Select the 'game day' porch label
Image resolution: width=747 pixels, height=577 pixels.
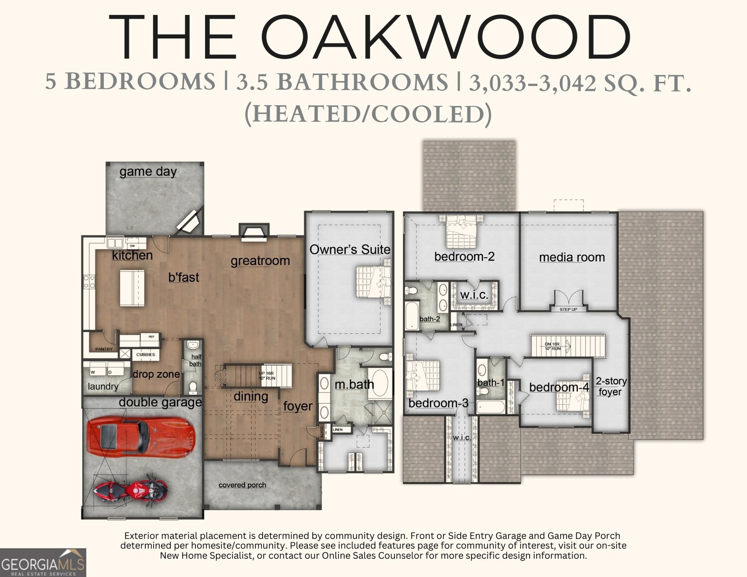point(148,172)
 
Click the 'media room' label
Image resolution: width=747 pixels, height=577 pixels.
point(572,257)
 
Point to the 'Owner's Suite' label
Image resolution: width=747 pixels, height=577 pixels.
point(350,250)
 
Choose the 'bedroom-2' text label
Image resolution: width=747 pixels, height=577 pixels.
point(464,256)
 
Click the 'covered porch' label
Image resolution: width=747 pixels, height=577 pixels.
point(242,485)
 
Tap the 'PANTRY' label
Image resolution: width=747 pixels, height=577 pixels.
point(104,349)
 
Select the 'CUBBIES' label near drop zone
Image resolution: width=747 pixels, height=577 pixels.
point(146,355)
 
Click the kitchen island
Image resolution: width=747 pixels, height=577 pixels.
point(132,288)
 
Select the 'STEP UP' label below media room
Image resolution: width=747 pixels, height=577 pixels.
point(568,309)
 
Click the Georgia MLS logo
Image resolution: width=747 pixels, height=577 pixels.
point(43,563)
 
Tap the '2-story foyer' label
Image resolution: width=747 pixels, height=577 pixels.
point(611,387)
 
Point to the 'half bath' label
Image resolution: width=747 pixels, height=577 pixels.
point(196,360)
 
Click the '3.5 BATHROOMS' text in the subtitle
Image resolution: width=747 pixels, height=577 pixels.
point(342,82)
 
